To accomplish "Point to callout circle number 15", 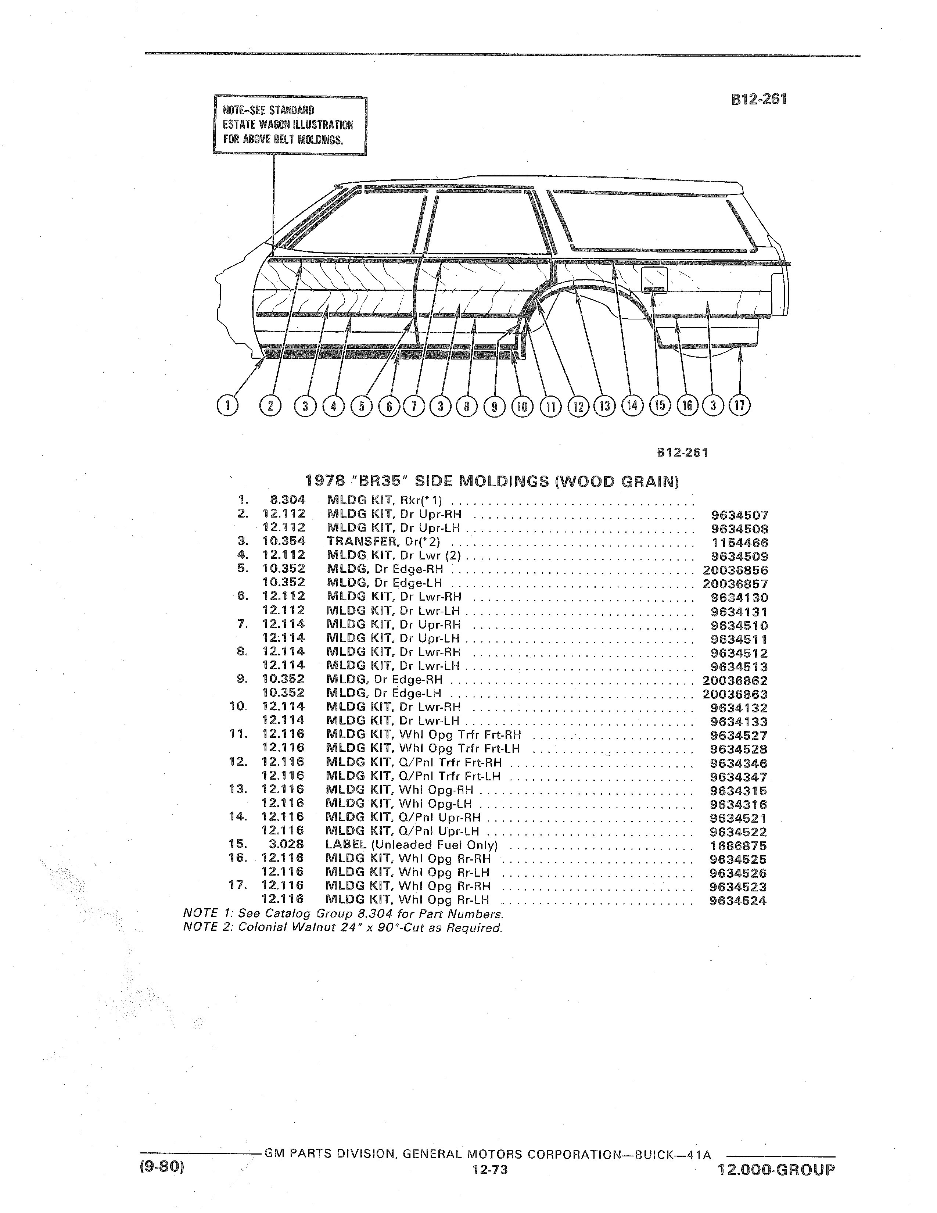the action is (x=660, y=405).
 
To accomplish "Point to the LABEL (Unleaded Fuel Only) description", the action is (x=411, y=845).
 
